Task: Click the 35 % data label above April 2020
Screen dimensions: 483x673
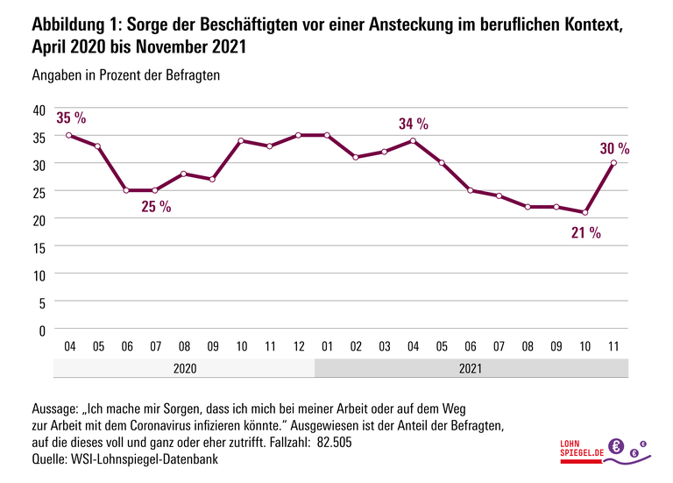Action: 71,117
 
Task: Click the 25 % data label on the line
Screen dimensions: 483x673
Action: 155,207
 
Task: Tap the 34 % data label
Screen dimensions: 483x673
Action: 413,124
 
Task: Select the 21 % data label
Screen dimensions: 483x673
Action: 585,232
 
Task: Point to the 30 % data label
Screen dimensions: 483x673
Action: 614,149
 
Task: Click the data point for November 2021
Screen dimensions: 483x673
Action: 614,163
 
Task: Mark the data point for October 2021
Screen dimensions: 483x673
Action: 585,212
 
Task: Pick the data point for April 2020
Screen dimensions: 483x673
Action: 69,136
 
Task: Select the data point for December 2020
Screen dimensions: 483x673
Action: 299,136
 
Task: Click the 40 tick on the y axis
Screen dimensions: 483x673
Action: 38,110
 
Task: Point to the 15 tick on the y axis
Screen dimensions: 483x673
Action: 38,247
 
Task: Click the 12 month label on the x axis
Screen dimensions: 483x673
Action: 299,346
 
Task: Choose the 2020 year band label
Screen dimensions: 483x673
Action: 184,368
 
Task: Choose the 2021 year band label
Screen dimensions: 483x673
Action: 471,368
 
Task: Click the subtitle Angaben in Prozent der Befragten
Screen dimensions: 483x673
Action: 125,75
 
